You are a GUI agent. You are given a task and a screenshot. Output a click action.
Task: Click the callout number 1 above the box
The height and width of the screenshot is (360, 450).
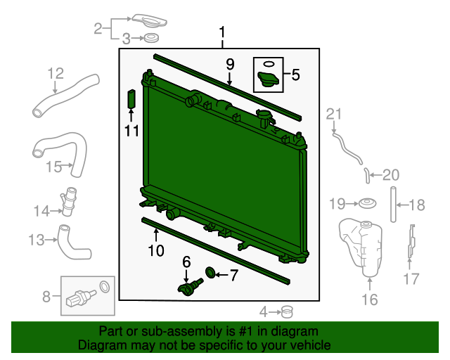click(222, 32)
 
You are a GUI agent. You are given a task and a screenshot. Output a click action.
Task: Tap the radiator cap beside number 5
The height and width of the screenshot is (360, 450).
click(269, 80)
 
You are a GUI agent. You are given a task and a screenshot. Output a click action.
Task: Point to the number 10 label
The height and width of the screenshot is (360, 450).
click(155, 250)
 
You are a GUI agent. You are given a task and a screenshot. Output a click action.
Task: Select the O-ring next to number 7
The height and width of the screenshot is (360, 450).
click(210, 273)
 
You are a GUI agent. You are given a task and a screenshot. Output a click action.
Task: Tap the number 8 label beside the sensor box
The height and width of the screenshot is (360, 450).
click(46, 296)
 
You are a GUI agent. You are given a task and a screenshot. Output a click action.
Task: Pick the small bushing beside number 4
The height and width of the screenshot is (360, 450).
click(286, 310)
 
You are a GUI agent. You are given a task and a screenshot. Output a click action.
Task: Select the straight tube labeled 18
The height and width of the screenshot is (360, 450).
click(393, 205)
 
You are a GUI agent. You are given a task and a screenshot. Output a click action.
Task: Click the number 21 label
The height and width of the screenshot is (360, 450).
click(333, 114)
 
